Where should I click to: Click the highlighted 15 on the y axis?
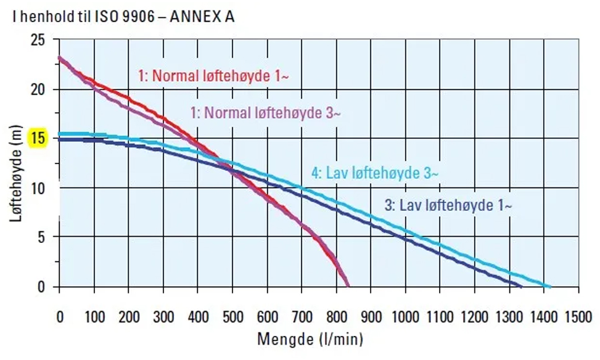pyautogui.click(x=38, y=139)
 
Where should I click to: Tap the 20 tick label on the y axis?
pyautogui.click(x=38, y=90)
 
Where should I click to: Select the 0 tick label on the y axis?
pyautogui.click(x=42, y=287)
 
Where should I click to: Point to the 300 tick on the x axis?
pyautogui.click(x=163, y=317)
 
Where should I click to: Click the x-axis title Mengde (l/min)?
pyautogui.click(x=310, y=338)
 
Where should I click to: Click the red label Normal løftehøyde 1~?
pyautogui.click(x=213, y=76)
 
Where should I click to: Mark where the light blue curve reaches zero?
pyautogui.click(x=548, y=286)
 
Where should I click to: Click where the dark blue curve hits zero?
pyautogui.click(x=521, y=286)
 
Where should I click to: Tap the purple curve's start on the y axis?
pyautogui.click(x=59, y=58)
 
